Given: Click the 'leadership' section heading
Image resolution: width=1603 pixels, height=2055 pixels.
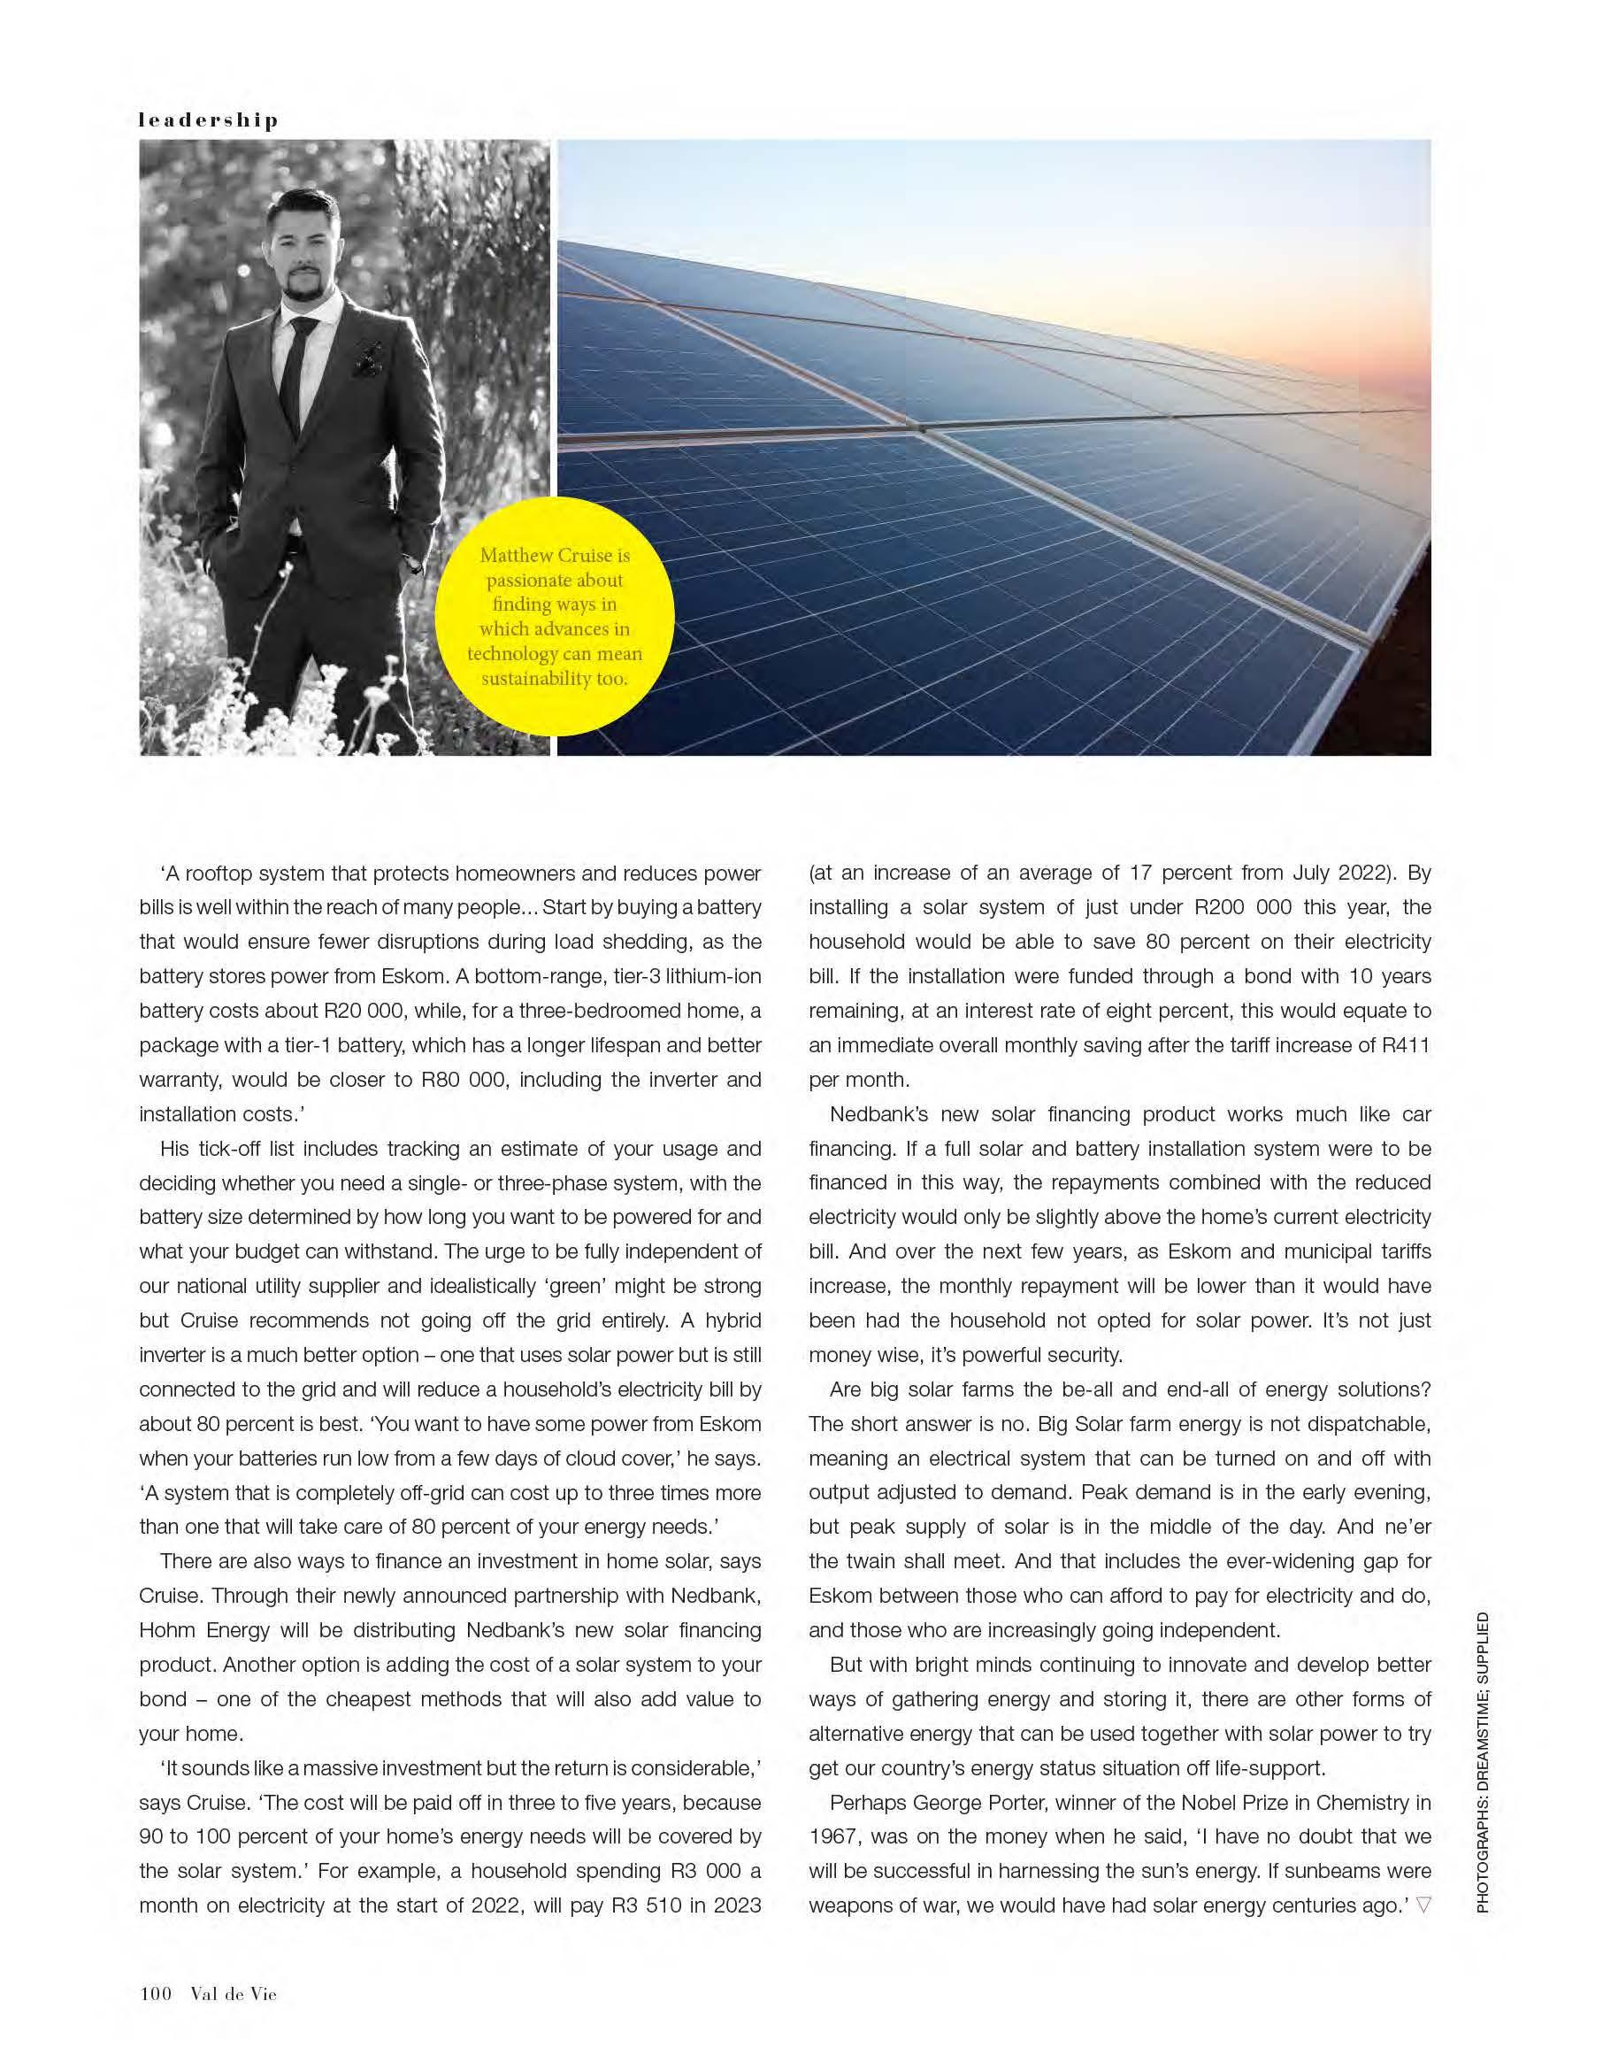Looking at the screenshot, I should pyautogui.click(x=208, y=120).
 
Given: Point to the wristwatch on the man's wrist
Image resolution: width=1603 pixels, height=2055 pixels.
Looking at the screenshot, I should pyautogui.click(x=412, y=566).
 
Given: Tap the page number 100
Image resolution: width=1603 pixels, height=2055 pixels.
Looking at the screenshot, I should pyautogui.click(x=155, y=1993).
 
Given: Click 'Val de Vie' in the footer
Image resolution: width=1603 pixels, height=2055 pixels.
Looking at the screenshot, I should pyautogui.click(x=234, y=1993).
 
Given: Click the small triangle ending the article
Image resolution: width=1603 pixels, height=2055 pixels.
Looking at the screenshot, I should pyautogui.click(x=1423, y=1905).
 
